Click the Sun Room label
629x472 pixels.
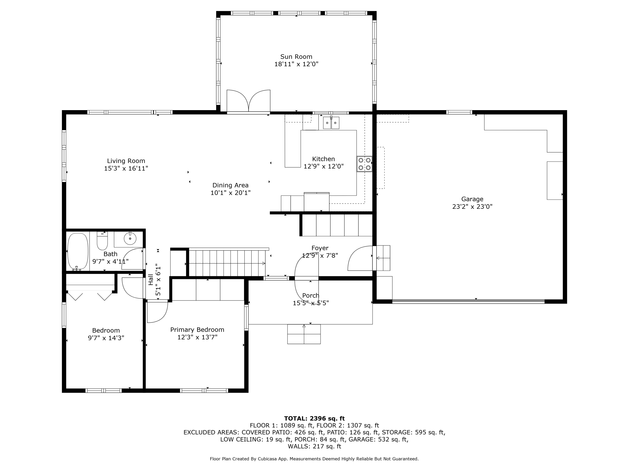coord(296,57)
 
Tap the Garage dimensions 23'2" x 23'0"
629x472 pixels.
coord(472,207)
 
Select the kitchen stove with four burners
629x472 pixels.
coord(364,164)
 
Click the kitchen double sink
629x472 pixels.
coord(331,123)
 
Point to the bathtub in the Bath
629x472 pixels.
coord(78,251)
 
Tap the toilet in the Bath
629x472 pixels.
coord(102,241)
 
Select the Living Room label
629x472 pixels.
coord(126,161)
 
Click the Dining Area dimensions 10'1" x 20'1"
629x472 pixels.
coord(230,193)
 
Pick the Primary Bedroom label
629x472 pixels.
coord(197,330)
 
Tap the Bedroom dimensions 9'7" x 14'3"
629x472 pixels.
coord(106,338)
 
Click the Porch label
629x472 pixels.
coord(311,296)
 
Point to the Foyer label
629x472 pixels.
coord(320,248)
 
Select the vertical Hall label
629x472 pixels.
coord(151,280)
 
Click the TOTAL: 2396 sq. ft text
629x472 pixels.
coord(314,418)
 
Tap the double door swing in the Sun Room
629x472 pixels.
coord(248,101)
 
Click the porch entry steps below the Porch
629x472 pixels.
coord(304,334)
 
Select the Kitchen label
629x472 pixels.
coord(323,159)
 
